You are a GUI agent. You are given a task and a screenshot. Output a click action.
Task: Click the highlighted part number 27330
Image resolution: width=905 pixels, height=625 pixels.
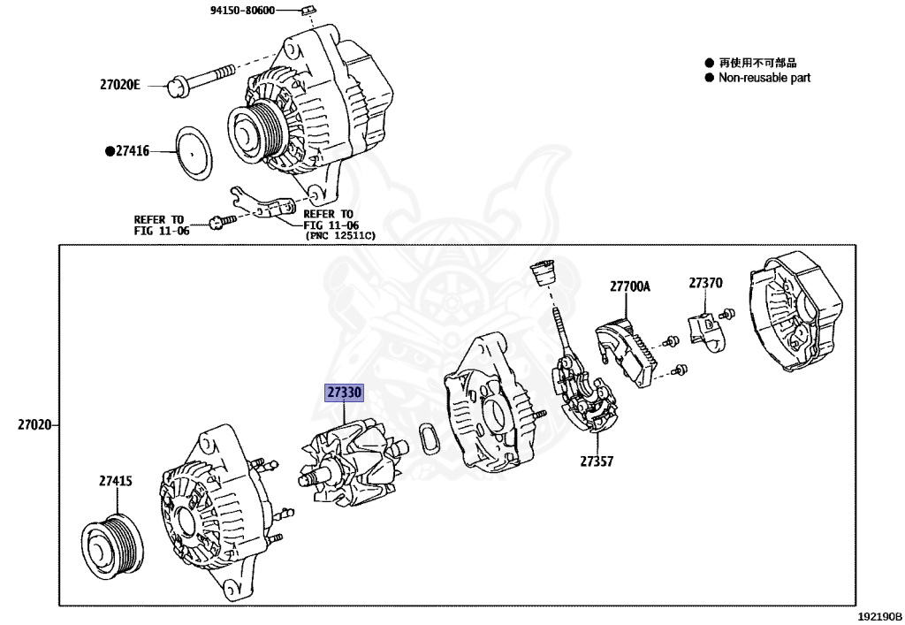click(x=345, y=393)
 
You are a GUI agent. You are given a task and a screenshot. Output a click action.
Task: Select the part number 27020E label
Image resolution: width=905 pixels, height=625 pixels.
click(x=119, y=86)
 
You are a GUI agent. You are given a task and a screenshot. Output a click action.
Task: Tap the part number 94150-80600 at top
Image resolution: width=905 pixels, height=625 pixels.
click(x=242, y=11)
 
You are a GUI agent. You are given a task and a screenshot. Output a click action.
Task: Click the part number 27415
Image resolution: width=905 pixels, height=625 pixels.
click(x=115, y=481)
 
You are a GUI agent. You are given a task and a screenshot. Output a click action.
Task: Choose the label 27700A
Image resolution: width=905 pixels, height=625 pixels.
click(x=628, y=286)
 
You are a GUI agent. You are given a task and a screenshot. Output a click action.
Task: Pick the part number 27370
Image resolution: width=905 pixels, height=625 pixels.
click(x=705, y=284)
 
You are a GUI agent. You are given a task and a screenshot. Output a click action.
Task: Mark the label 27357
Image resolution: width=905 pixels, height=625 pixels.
click(x=597, y=461)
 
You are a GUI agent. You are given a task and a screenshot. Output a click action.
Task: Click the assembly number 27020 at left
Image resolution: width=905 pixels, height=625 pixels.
click(x=34, y=426)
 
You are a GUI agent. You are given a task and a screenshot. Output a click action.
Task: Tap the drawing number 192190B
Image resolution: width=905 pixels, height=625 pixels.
click(x=878, y=615)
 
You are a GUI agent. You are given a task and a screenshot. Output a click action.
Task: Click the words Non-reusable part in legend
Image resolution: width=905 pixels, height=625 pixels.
click(x=764, y=78)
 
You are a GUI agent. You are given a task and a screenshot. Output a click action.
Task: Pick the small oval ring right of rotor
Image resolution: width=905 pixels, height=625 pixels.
click(x=428, y=438)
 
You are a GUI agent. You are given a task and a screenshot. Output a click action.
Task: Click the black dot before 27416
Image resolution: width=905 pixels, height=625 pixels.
click(x=110, y=152)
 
